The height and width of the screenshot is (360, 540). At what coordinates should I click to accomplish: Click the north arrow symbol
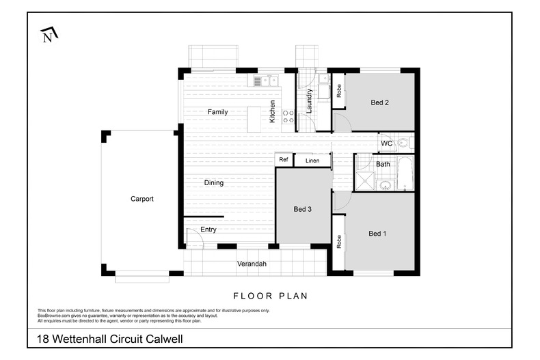tap(49, 34)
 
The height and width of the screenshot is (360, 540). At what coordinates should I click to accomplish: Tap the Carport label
tap(142, 199)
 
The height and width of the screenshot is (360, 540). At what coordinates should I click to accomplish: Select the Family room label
tap(217, 112)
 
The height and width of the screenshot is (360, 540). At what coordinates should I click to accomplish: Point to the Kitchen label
tap(272, 111)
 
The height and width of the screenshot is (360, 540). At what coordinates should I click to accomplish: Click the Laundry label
tap(309, 101)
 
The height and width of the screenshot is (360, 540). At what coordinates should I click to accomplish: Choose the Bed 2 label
tap(379, 102)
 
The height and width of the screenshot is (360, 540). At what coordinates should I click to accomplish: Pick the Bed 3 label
tap(302, 209)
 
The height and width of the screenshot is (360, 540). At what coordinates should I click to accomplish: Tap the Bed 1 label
tap(377, 234)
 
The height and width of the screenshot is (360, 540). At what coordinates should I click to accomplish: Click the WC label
tap(386, 143)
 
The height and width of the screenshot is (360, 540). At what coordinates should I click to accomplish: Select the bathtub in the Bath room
tap(405, 173)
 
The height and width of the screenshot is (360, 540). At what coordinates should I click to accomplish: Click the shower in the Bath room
tap(364, 181)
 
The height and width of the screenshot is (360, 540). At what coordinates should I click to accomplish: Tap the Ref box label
tap(284, 159)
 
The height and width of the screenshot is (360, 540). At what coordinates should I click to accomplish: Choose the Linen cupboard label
tap(312, 161)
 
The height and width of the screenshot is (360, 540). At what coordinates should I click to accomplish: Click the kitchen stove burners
tap(288, 116)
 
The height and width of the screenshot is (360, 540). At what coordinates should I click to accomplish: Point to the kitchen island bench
tap(254, 120)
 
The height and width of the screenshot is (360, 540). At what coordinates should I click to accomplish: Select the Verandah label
tap(252, 264)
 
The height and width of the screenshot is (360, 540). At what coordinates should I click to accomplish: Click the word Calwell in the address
tap(164, 339)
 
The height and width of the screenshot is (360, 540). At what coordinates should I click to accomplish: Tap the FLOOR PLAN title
tap(271, 296)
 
